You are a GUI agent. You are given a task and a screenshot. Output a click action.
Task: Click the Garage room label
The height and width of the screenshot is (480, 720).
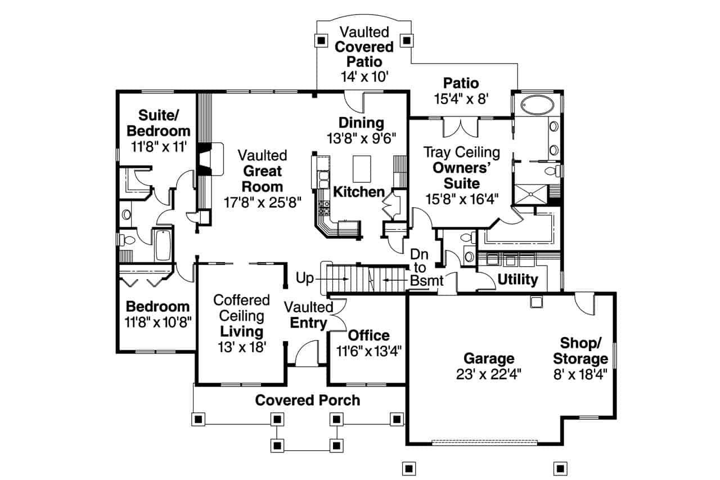(489, 358)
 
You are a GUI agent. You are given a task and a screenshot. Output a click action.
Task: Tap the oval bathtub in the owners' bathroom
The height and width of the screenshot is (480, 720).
(537, 105)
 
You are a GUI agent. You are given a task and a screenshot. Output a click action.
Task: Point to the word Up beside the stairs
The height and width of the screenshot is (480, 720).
(306, 278)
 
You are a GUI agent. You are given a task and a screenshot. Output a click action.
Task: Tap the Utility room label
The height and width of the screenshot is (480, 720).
(518, 280)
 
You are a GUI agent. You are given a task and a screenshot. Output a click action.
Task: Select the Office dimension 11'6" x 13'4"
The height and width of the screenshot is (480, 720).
(368, 351)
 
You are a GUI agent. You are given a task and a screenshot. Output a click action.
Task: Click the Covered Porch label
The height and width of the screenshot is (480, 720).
(308, 400)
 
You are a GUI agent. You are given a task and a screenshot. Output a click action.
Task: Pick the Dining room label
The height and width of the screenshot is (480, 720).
(361, 123)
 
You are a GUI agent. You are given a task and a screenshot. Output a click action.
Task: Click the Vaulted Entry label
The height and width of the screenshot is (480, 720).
(308, 315)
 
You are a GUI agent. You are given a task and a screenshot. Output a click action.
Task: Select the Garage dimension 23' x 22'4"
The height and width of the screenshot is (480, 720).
(489, 374)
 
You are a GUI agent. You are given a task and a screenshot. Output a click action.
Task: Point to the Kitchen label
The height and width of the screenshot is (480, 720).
(359, 192)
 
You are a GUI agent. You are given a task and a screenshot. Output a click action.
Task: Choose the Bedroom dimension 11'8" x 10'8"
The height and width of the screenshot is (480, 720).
(158, 322)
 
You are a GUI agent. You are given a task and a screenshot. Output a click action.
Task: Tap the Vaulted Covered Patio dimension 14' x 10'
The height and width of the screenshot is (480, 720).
(364, 77)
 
